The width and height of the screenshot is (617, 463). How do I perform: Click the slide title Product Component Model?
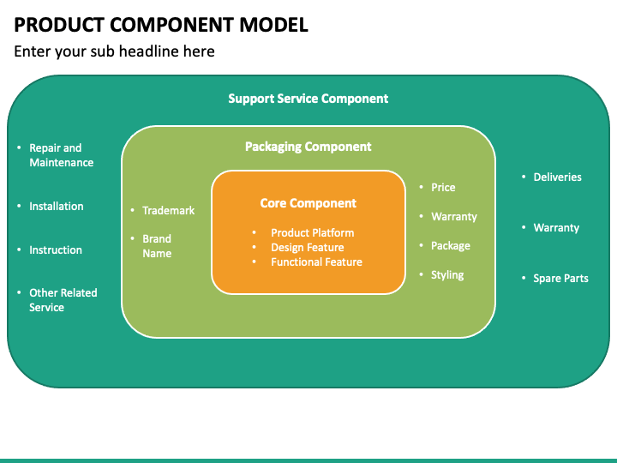[x=161, y=24]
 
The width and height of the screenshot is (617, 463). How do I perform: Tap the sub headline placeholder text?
[x=114, y=51]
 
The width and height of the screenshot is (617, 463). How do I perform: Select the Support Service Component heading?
[x=308, y=99]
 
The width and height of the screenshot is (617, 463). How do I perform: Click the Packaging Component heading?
[x=308, y=147]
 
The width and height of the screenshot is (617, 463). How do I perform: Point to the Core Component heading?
[x=308, y=203]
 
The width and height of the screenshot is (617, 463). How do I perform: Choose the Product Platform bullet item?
[x=312, y=232]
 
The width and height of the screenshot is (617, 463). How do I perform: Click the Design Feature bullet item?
[x=307, y=247]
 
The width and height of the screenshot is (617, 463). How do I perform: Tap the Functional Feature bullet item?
[x=316, y=262]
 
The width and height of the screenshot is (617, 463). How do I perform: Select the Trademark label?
[x=168, y=210]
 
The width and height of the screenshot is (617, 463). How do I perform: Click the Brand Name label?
[x=157, y=246]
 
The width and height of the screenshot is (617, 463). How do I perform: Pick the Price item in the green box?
[x=443, y=187]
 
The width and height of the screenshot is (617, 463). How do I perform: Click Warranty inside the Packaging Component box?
[x=453, y=216]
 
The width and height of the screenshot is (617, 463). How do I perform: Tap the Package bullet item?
[x=450, y=245]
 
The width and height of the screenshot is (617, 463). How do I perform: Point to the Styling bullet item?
[x=447, y=274]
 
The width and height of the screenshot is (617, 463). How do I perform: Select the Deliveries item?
[x=557, y=177]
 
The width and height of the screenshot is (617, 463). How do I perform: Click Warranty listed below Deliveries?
[x=556, y=227]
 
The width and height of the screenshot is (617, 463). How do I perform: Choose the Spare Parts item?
[x=560, y=278]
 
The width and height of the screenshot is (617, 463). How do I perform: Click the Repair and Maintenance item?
[x=61, y=155]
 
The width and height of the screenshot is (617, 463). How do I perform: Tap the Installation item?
[x=57, y=206]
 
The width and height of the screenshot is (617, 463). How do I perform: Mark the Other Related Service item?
[x=63, y=300]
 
